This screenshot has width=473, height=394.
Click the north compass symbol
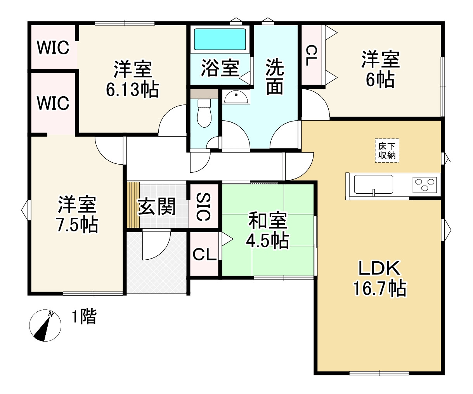click(x=45, y=326)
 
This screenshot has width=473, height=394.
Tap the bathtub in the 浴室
click(x=220, y=39)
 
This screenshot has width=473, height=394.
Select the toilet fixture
click(x=204, y=113)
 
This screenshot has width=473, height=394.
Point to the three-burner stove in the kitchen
click(x=425, y=184)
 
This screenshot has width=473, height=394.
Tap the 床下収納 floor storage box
click(x=387, y=151)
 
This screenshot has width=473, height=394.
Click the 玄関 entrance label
click(x=157, y=206)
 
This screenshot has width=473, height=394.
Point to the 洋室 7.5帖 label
click(x=77, y=215)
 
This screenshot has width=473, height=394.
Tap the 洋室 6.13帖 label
click(x=132, y=79)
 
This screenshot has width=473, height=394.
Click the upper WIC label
click(x=53, y=48)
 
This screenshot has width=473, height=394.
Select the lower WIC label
click(x=53, y=103)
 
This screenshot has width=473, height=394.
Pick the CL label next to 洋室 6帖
click(x=311, y=55)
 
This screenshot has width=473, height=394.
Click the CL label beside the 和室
click(x=204, y=255)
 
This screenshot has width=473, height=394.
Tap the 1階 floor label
click(x=83, y=317)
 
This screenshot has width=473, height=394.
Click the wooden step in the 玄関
click(x=133, y=205)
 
